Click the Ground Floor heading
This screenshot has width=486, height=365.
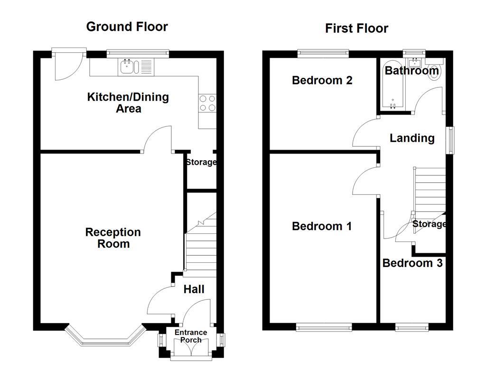click(127, 27)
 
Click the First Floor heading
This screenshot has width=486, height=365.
click(356, 29)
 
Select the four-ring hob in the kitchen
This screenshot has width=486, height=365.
click(207, 103)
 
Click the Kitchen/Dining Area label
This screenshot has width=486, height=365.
click(128, 103)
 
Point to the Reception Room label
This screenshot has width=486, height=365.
click(113, 238)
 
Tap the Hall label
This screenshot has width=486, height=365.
click(194, 289)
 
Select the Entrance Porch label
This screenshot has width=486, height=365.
click(191, 336)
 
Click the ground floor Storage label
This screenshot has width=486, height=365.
click(201, 162)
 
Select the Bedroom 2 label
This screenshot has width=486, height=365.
click(322, 80)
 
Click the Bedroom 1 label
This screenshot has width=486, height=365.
click(322, 226)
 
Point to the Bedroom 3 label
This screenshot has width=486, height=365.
click(412, 263)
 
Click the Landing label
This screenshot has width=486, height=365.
click(412, 138)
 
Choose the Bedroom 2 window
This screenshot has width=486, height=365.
click(323, 53)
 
